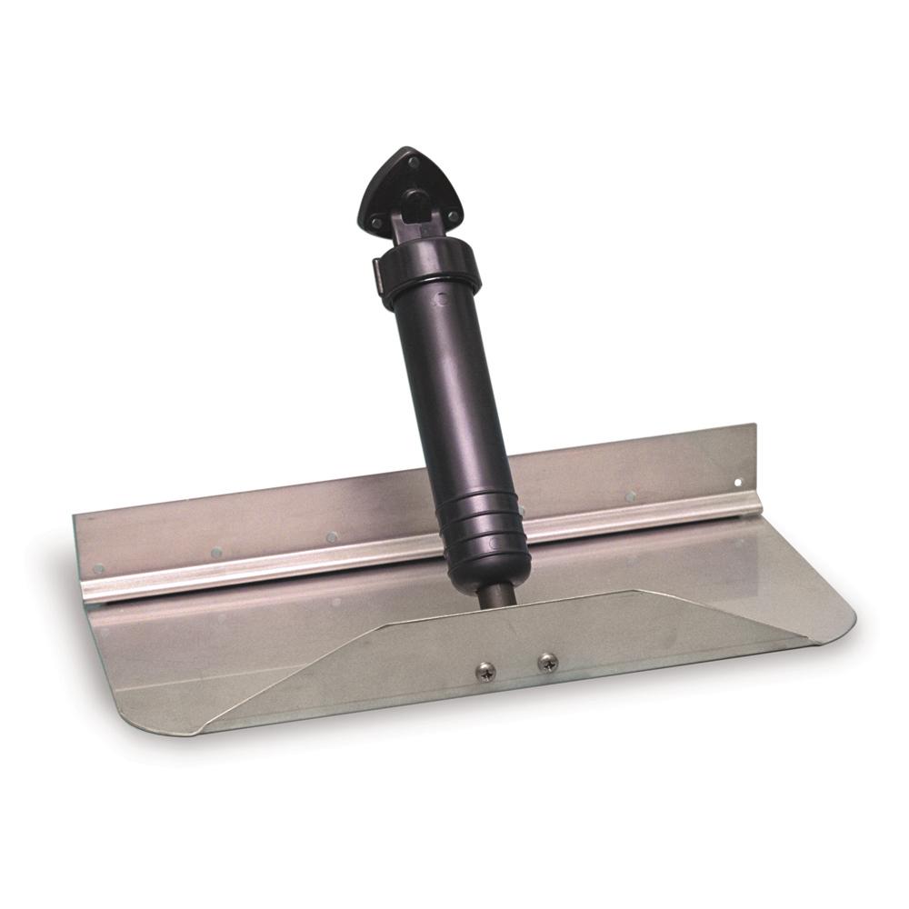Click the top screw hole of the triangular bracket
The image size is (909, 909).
(x=414, y=163)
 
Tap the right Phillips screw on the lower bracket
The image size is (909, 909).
(x=545, y=663)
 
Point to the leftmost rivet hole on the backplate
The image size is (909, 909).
(x=98, y=569)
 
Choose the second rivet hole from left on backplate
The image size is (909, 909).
(x=216, y=552)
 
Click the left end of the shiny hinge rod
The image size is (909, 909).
(x=87, y=592)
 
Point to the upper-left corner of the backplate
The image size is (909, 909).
(x=75, y=516)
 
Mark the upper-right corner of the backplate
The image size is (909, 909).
(x=754, y=425)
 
